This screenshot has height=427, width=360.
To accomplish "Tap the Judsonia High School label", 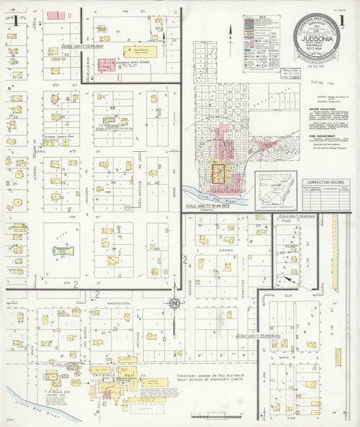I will [x=116, y=63].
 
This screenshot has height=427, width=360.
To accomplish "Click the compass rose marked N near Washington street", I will [x=174, y=304].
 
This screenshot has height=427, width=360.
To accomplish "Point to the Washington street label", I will [x=117, y=303].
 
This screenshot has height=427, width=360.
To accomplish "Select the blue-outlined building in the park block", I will [x=57, y=251].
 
